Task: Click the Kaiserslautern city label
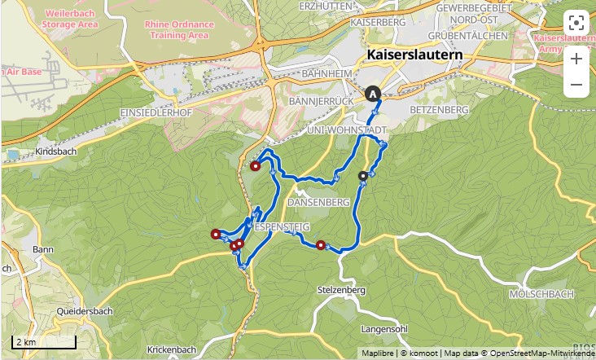[414, 55]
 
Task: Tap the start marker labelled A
[373, 94]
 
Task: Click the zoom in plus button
[576, 59]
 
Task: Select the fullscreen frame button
[576, 22]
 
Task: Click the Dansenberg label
[318, 201]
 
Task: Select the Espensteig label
[278, 226]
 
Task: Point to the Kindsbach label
[55, 152]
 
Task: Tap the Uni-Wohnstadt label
[344, 130]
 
